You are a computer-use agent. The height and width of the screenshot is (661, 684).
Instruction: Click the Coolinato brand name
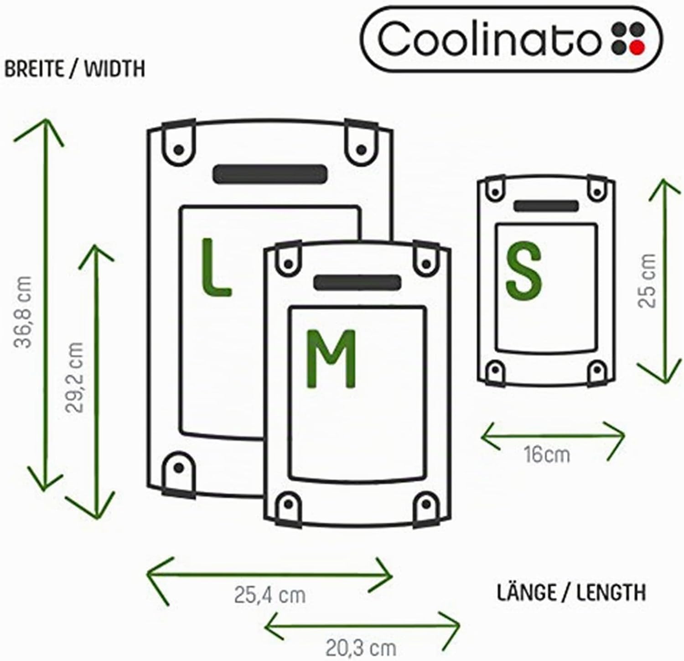(x=487, y=38)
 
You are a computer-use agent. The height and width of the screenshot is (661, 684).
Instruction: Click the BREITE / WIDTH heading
(x=74, y=69)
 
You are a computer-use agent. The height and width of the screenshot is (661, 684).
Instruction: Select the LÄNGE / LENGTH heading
(x=571, y=592)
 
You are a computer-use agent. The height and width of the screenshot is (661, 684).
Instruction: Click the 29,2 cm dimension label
(x=75, y=377)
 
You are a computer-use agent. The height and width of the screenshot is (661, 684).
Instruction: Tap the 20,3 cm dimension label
(x=361, y=646)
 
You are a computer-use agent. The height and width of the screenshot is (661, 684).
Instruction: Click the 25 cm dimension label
(x=648, y=280)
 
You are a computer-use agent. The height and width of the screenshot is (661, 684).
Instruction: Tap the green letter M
(x=331, y=359)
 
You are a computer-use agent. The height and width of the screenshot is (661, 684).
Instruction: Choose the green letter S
(x=524, y=270)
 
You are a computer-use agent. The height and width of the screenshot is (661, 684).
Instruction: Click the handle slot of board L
(x=270, y=174)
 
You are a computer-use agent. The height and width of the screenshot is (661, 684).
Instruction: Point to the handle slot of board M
(x=357, y=282)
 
